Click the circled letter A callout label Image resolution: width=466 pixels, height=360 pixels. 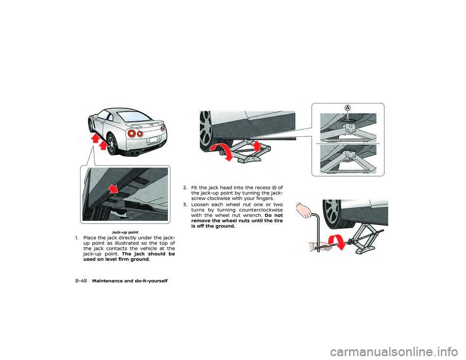348,108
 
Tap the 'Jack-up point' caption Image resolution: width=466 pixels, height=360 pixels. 125,232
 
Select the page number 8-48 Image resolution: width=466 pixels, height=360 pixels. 81,281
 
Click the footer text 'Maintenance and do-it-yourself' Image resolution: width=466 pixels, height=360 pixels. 130,281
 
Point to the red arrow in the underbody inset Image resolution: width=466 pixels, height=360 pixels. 113,188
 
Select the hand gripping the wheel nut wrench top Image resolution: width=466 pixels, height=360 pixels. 304,210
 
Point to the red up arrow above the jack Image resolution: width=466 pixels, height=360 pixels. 257,146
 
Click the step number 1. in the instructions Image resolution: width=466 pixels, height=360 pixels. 77,238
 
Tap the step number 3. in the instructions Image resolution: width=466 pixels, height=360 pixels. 185,205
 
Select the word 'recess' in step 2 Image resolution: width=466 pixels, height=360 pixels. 262,188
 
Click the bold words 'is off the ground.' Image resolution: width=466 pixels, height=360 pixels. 213,226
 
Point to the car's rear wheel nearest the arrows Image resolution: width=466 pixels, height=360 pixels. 112,145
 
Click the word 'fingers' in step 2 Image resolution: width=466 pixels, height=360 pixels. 264,198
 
